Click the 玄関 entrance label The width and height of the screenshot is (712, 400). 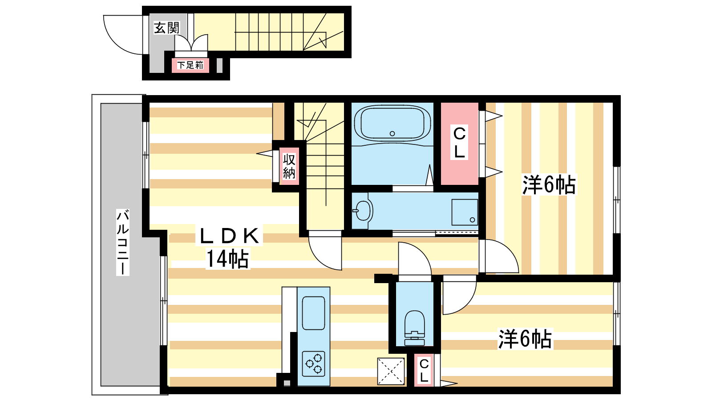[x=167, y=28]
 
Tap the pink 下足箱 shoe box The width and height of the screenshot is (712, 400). [x=190, y=65]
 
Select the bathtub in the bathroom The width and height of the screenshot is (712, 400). [x=392, y=124]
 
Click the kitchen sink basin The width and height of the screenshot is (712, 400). [x=313, y=313]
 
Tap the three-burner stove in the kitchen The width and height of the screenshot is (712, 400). [x=313, y=364]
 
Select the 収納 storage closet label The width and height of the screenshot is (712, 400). [x=289, y=166]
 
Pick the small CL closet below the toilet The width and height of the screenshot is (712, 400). [x=424, y=370]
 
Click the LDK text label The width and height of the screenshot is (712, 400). [x=229, y=236]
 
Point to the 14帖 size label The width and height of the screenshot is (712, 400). [x=227, y=259]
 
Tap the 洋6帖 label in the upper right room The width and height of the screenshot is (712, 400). [x=549, y=184]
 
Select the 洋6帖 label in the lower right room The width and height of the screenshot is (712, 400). [x=525, y=339]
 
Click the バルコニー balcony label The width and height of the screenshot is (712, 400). [x=123, y=242]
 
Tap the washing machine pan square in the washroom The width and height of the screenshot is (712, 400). [x=465, y=212]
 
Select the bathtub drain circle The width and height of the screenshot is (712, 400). [x=392, y=134]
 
